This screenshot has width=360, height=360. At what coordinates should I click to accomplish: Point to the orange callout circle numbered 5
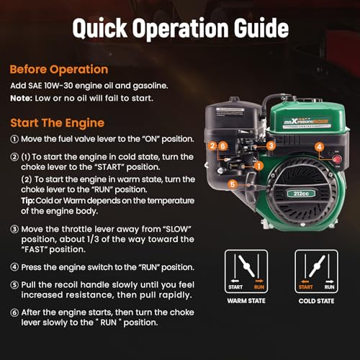click(233, 184)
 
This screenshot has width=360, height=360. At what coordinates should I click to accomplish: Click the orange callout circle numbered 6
click(223, 146)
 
